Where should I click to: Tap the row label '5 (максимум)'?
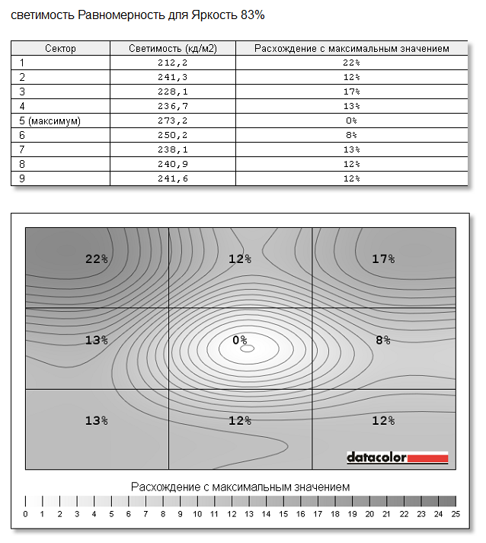[50, 120]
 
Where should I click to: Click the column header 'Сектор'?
[60, 48]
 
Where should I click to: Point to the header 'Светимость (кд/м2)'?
[172, 48]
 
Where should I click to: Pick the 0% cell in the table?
[351, 120]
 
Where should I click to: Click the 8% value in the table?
[351, 135]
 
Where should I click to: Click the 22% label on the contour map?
[97, 259]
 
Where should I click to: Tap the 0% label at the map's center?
[240, 339]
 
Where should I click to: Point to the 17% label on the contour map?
[383, 259]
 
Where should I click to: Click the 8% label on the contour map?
[383, 339]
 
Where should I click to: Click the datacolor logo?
[397, 457]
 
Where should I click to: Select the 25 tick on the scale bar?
[456, 514]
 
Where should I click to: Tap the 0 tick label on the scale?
[25, 514]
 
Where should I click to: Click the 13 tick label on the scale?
[249, 514]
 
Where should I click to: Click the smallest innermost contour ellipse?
[247, 349]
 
